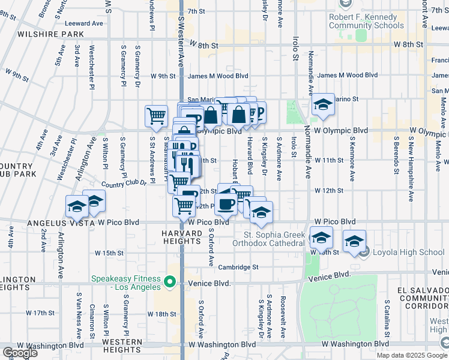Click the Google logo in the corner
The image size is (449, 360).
point(19,353)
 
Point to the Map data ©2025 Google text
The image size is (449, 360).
point(412,355)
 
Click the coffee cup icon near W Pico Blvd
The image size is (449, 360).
point(226,204)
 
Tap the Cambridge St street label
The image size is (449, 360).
point(238,267)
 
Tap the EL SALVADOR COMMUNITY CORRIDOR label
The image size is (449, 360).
point(423,298)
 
